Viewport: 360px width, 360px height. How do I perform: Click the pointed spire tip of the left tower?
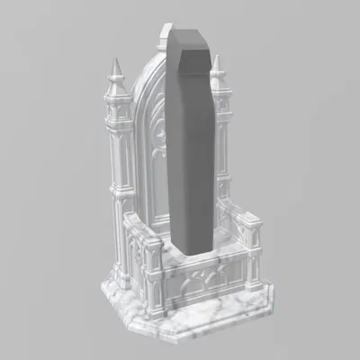pyautogui.click(x=115, y=61)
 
